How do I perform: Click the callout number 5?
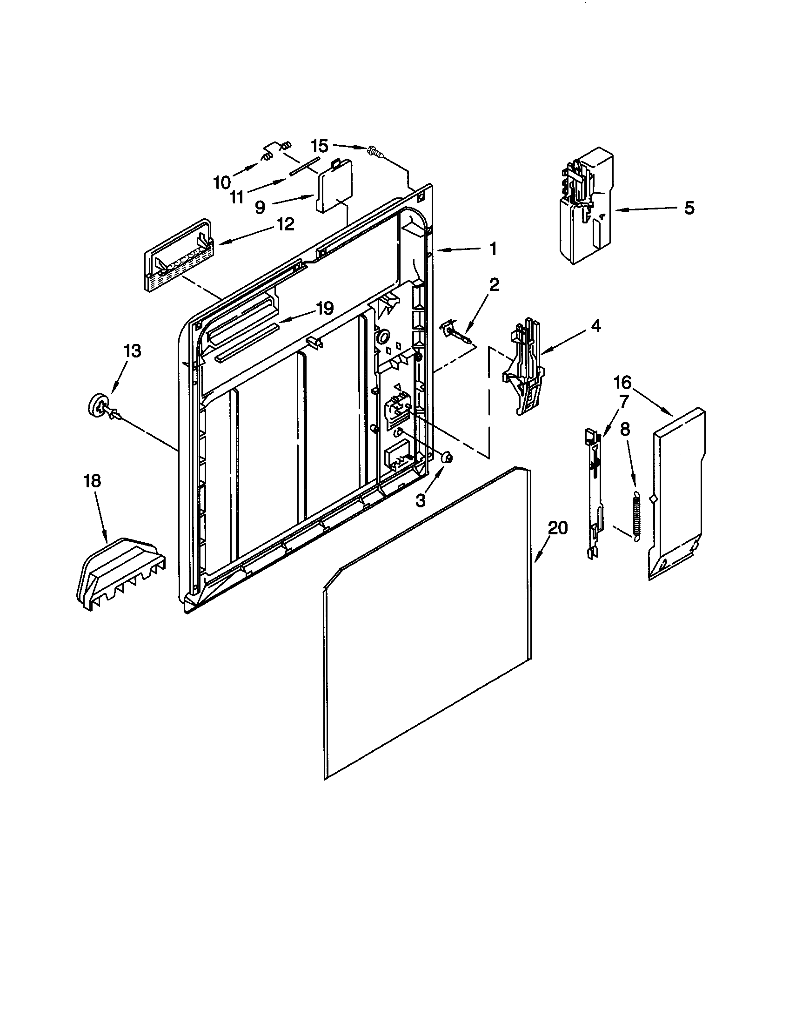point(689,208)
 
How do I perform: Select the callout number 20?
point(557,528)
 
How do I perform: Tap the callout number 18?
point(93,481)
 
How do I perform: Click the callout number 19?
point(324,309)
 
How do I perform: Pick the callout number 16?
point(622,383)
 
